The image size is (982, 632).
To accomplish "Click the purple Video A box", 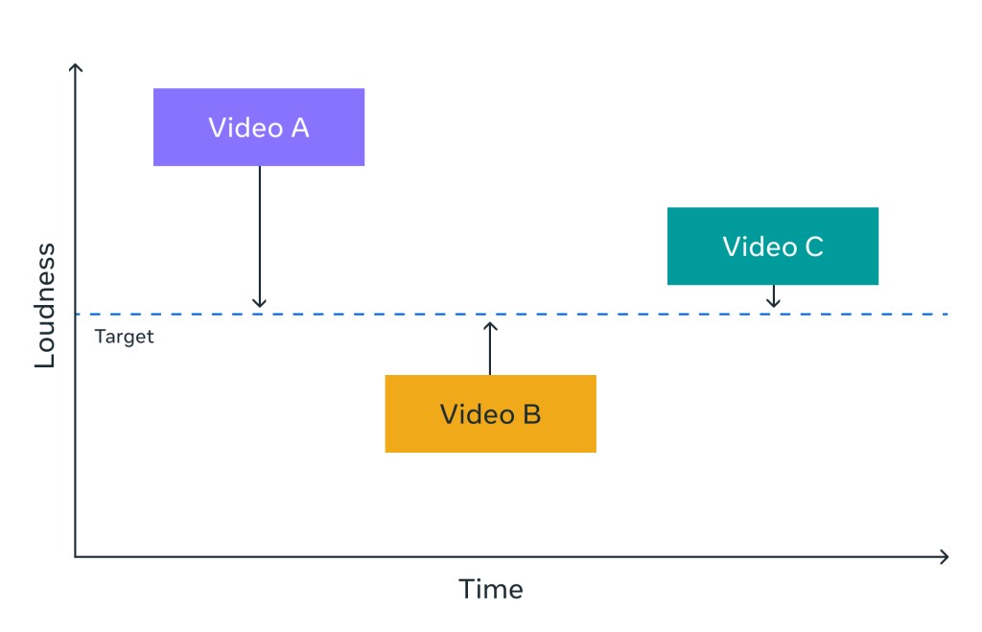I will point(259,128).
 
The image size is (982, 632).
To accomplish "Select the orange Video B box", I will point(490,413).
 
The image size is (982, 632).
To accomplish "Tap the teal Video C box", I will point(772,246).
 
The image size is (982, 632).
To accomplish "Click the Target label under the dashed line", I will point(125,338).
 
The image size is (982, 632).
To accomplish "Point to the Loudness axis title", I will point(45,306).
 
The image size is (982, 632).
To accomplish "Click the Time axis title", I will point(491,589).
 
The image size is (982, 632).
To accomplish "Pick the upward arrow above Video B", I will point(490,349).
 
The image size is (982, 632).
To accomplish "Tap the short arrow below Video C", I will point(773,295).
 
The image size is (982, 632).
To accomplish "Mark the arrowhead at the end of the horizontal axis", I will point(946,556).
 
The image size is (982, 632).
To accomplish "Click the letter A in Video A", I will point(298,128).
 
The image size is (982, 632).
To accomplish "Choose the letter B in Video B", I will point(531,414).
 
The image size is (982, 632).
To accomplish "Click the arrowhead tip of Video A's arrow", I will point(259,307).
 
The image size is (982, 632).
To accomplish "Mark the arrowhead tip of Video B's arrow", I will point(490,323).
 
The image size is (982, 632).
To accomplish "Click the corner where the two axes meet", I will point(76,556).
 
